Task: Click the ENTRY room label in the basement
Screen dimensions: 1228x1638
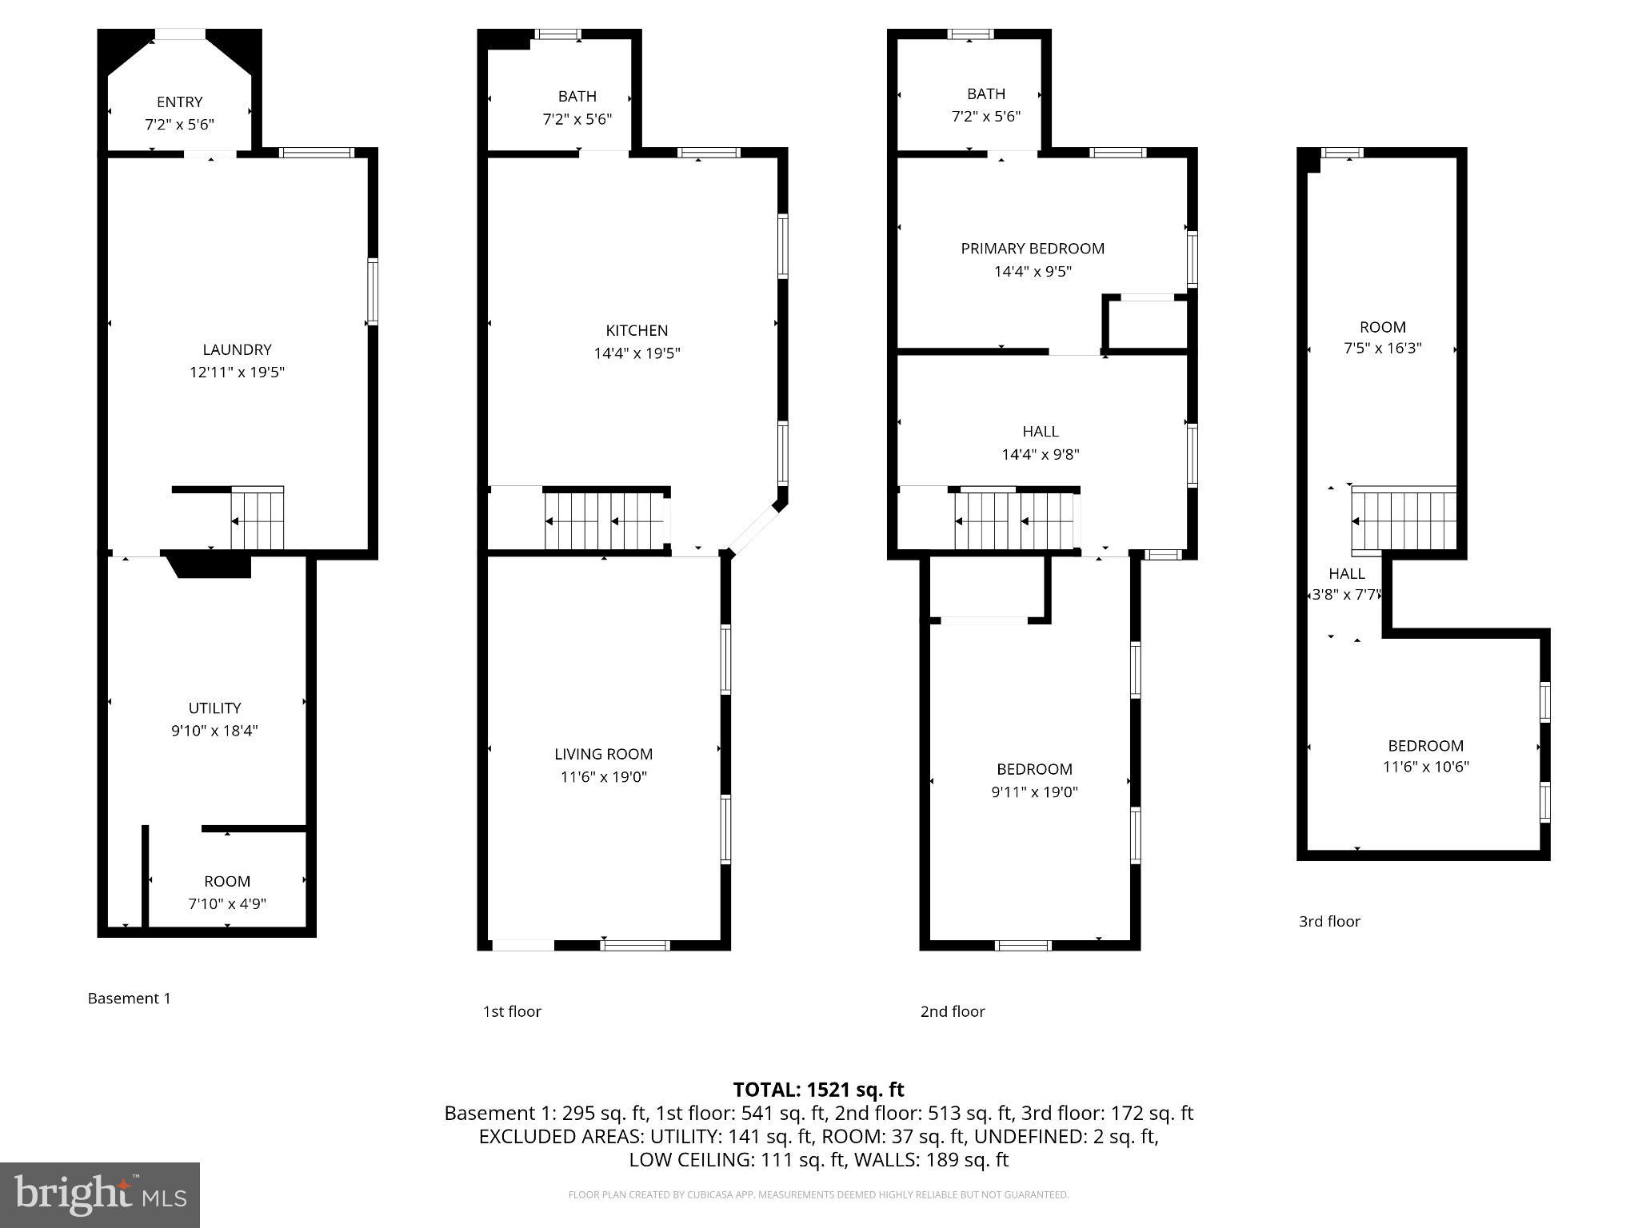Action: (x=179, y=102)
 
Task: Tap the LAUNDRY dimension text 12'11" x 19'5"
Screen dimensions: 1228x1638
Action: (x=237, y=372)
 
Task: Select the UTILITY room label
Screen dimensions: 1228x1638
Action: (x=214, y=708)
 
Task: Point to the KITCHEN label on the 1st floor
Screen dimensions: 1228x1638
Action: (x=637, y=330)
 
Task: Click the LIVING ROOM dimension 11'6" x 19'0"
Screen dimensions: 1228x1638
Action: (x=603, y=776)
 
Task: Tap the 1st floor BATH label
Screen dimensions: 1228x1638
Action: (x=577, y=96)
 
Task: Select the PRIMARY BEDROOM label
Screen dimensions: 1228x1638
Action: (x=1032, y=249)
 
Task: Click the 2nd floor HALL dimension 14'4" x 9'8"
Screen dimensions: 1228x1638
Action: (x=1040, y=454)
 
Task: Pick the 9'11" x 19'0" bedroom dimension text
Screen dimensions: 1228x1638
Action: (x=1034, y=792)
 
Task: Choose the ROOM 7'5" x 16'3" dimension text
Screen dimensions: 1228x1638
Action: (x=1382, y=349)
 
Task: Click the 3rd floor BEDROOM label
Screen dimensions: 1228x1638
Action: (x=1425, y=745)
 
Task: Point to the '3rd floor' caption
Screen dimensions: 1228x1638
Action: (x=1329, y=921)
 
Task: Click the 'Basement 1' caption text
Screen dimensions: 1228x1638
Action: (x=129, y=998)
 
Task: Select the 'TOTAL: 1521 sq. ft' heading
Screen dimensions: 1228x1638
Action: (x=818, y=1089)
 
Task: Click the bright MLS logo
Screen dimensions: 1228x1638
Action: (x=100, y=1195)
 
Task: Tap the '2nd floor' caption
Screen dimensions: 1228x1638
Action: (x=952, y=1011)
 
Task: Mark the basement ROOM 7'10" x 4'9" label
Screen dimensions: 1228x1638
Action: (x=227, y=881)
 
